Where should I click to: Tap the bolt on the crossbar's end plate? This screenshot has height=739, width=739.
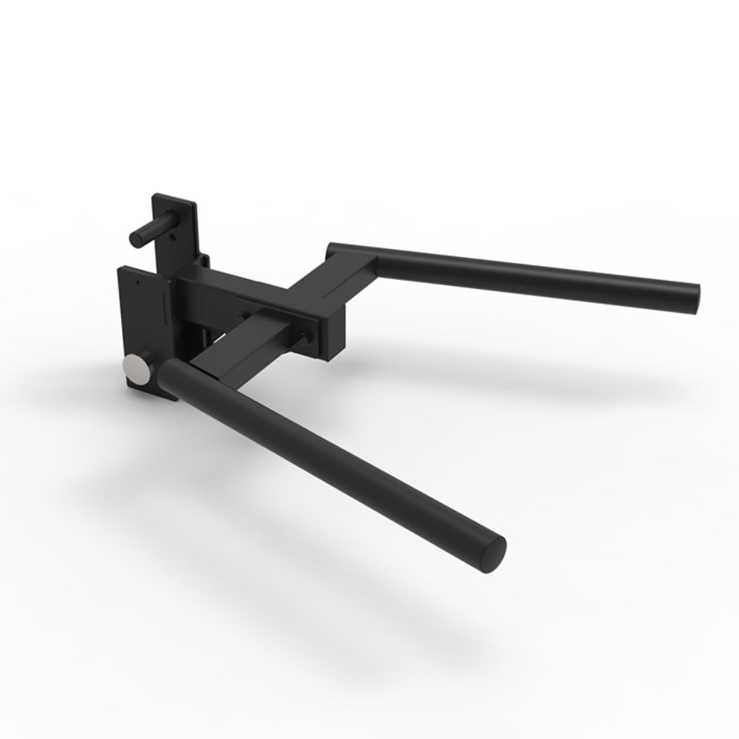click(x=304, y=337)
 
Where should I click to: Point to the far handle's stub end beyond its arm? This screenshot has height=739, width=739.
click(x=336, y=249)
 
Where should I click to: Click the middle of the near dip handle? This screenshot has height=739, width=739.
click(x=333, y=456)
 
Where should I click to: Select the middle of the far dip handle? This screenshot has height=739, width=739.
click(x=523, y=270)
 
